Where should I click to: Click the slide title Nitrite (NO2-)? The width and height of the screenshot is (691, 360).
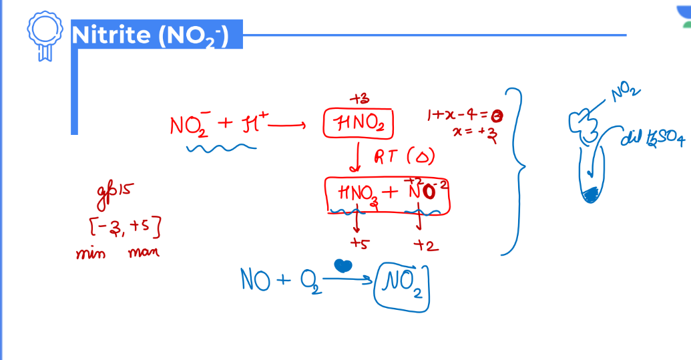pyautogui.click(x=150, y=35)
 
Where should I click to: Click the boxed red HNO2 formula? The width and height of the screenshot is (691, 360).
pyautogui.click(x=359, y=124)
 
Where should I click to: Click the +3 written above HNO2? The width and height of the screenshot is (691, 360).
pyautogui.click(x=359, y=99)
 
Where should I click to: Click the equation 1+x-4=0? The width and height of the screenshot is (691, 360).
pyautogui.click(x=465, y=116)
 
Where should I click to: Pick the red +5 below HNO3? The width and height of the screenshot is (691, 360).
pyautogui.click(x=359, y=244)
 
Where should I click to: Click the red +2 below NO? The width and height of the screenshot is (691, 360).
pyautogui.click(x=425, y=246)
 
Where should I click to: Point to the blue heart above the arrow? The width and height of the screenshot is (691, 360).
pyautogui.click(x=342, y=265)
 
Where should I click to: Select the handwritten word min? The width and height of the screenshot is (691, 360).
pyautogui.click(x=90, y=254)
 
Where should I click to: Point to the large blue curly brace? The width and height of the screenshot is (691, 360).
pyautogui.click(x=514, y=170)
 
